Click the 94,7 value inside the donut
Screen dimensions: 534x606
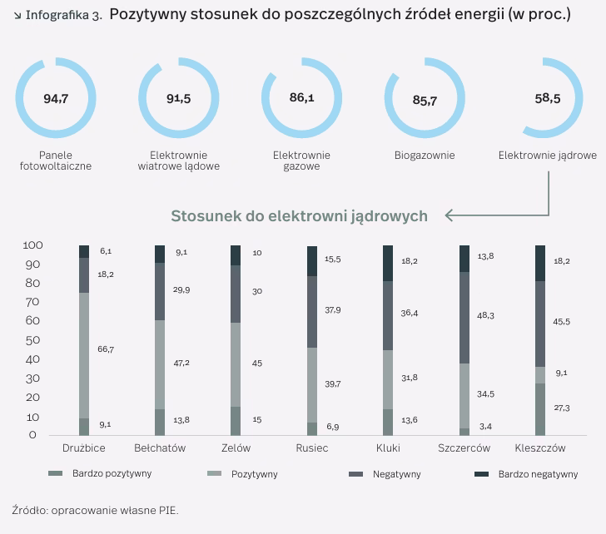pos(56,98)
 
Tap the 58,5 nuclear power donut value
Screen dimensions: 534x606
pos(548,98)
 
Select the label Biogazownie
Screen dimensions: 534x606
pos(425,156)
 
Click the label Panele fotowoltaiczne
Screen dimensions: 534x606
pos(56,161)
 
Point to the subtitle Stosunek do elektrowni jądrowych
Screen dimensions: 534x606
pos(299,216)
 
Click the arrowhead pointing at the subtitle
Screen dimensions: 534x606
pos(450,216)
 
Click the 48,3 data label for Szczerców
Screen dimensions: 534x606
pos(484,316)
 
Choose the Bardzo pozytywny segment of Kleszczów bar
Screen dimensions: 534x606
pos(540,409)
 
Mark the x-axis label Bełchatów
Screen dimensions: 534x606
pos(160,448)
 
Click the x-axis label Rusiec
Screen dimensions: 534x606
pos(312,448)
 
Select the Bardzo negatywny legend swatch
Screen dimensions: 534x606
pos(481,474)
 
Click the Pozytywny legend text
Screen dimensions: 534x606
pos(254,474)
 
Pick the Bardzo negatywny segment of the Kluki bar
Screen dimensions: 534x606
pos(388,263)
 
